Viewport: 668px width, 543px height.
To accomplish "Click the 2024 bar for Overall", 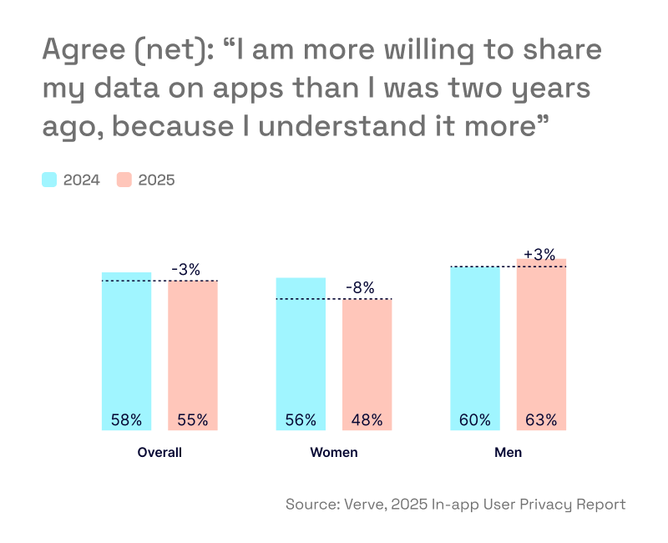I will (126, 351).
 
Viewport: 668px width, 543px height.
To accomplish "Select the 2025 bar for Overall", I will (193, 355).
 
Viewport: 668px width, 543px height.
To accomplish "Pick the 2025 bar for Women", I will (367, 364).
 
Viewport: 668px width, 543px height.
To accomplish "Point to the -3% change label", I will (185, 270).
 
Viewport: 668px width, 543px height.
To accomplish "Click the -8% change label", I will (360, 288).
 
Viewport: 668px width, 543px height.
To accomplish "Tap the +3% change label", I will (539, 253).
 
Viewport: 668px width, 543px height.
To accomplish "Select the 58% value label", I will (126, 420).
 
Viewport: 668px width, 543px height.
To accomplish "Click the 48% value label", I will (367, 420).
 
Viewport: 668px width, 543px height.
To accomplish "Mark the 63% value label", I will (541, 420).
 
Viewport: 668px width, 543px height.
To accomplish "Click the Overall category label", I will (159, 453).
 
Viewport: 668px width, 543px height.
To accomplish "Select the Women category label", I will (334, 453).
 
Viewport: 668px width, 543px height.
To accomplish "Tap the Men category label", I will (508, 453).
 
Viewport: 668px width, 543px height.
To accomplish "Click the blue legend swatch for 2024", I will (49, 180).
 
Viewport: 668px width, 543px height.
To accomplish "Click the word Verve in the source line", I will (360, 505).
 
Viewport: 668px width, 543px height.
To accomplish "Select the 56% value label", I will (301, 420).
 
